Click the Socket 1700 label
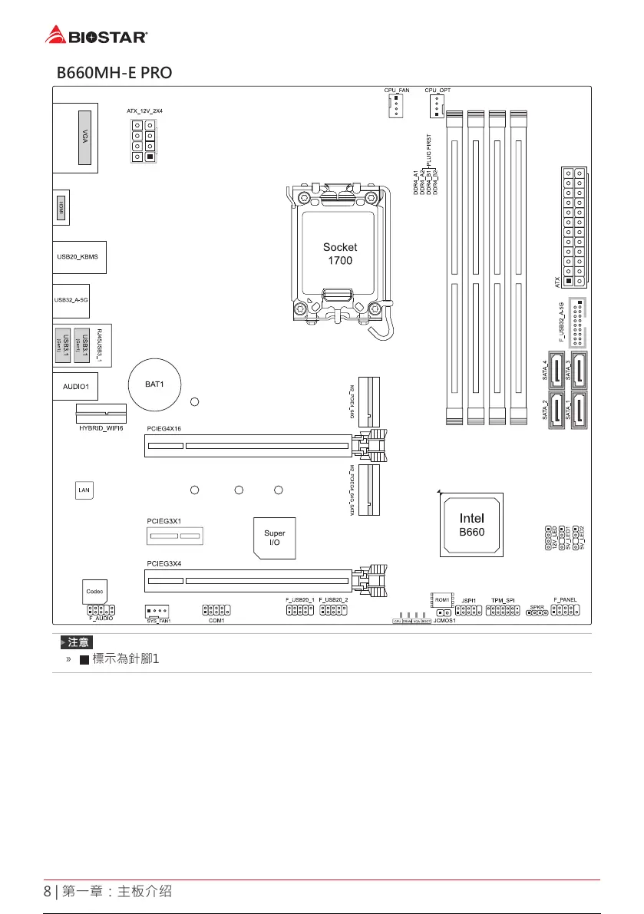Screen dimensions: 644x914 pos(339,254)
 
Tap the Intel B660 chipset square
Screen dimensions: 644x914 pos(471,525)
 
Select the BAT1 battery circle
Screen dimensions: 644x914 pos(156,383)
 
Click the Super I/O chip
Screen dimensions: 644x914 pos(275,537)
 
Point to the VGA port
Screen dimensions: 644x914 pos(84,138)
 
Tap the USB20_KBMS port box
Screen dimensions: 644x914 pos(79,257)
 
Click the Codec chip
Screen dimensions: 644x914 pos(94,592)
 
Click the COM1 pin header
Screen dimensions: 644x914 pos(216,609)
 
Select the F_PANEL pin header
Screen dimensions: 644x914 pos(565,610)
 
